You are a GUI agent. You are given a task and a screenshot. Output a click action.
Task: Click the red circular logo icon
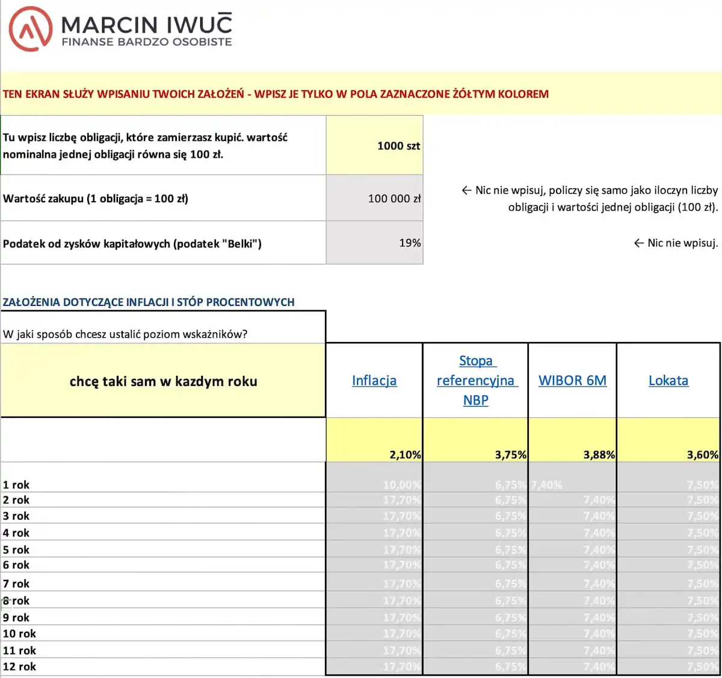click(30, 29)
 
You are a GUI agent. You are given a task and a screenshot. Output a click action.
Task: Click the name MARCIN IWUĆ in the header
click(146, 24)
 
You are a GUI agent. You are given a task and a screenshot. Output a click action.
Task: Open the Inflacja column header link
click(374, 381)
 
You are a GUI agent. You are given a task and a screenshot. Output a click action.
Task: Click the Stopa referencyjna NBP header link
click(475, 381)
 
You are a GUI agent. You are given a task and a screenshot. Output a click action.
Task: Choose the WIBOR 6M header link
click(572, 381)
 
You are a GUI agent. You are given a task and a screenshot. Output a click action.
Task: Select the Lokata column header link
click(668, 381)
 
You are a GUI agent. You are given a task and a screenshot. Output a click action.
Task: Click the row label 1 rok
click(16, 485)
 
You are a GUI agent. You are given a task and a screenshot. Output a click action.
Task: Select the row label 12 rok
click(19, 667)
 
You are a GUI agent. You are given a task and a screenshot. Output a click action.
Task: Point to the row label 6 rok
click(16, 565)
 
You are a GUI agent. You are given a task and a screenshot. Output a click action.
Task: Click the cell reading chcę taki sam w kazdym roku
click(163, 381)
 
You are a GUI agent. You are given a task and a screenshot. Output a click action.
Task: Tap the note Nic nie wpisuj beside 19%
click(676, 243)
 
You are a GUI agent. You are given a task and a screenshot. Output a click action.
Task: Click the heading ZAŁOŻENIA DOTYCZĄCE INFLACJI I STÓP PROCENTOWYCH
click(149, 302)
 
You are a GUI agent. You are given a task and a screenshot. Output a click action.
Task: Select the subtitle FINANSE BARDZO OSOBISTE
click(146, 42)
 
